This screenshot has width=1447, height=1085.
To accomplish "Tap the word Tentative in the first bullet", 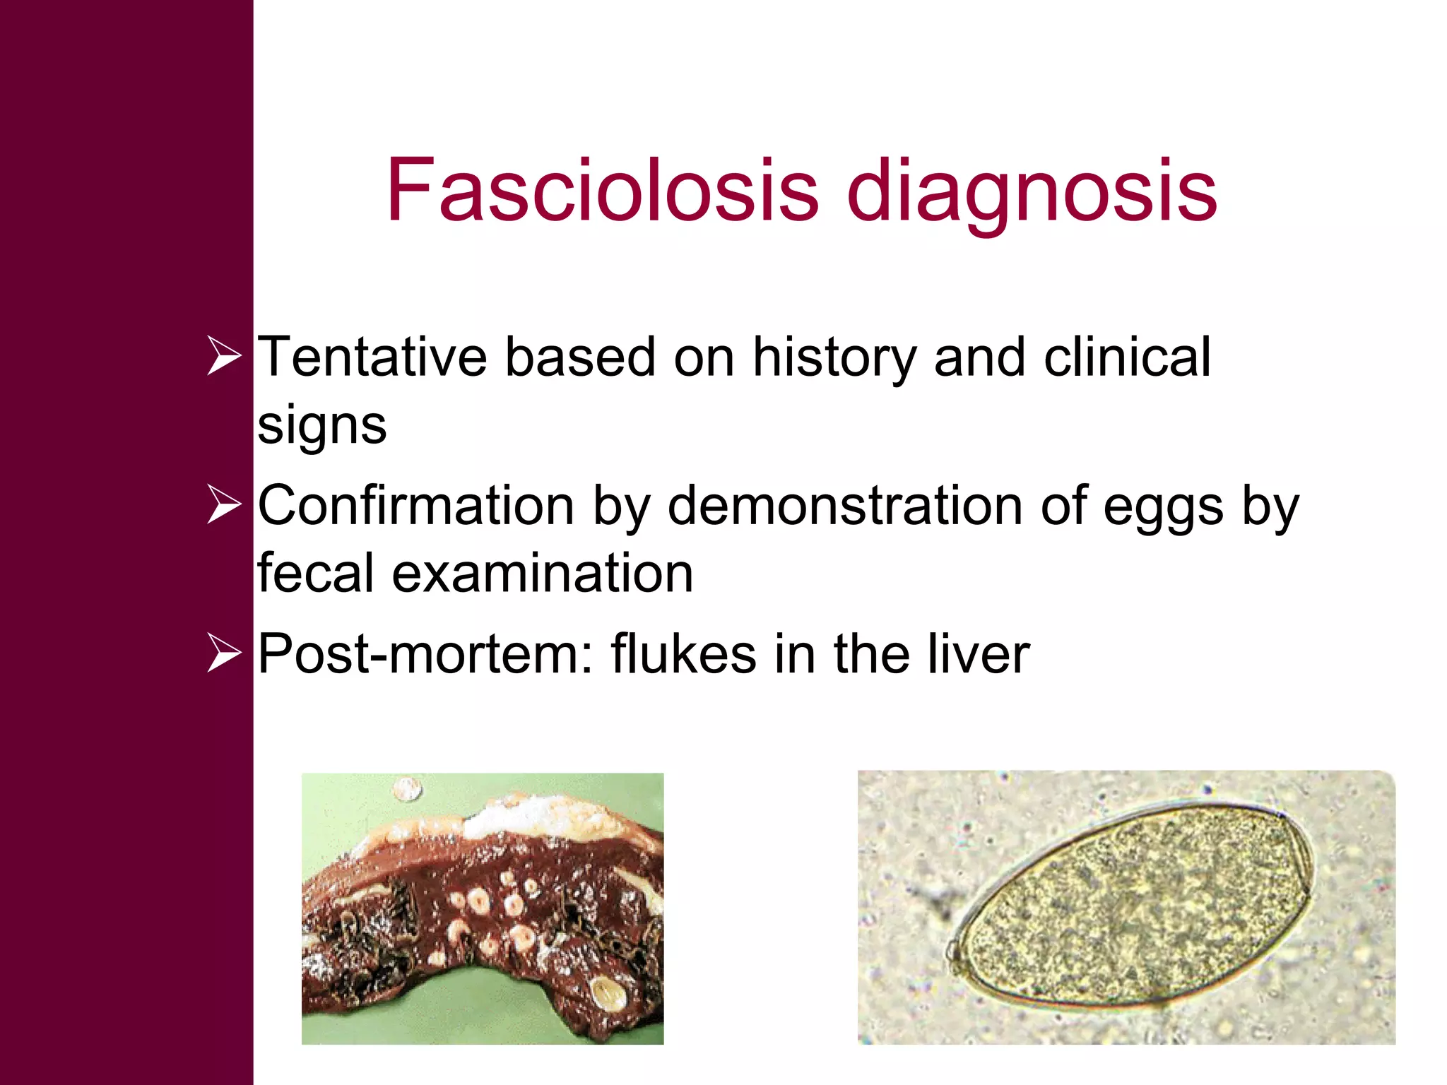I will (x=372, y=357).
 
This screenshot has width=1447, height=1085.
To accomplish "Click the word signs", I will (x=322, y=427).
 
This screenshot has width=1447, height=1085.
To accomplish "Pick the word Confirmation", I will (x=415, y=506).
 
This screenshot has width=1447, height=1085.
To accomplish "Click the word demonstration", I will (x=845, y=506).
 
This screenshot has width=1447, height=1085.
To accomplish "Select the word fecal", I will (x=315, y=573).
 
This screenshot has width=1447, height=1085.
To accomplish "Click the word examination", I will (x=543, y=573).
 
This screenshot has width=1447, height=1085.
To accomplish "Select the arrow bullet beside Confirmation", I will (x=224, y=505).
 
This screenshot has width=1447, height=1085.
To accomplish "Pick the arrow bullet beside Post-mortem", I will (x=224, y=653).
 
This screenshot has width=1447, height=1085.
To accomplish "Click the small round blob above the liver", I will (x=407, y=788).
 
